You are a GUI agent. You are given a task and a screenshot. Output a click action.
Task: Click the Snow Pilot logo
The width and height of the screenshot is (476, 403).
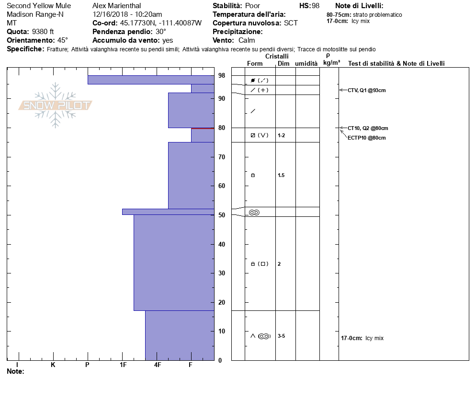point(56,106)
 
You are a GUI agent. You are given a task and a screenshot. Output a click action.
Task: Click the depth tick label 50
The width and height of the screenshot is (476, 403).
point(222,215)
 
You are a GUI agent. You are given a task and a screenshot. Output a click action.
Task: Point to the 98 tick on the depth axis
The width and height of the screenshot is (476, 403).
point(222,76)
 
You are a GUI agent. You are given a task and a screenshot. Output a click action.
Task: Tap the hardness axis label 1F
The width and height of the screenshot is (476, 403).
point(123,365)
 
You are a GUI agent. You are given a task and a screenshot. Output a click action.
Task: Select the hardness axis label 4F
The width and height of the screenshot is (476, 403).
point(158,365)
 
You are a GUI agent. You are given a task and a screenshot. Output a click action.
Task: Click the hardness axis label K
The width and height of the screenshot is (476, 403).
point(53,365)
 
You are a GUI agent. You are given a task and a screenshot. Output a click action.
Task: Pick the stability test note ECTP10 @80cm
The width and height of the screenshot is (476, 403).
point(367,138)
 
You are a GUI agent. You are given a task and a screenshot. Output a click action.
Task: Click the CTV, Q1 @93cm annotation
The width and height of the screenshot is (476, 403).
point(367,90)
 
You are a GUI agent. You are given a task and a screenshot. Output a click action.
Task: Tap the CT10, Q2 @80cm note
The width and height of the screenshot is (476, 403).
point(368,128)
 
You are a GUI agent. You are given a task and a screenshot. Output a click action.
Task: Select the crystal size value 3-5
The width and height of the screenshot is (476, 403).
point(281,336)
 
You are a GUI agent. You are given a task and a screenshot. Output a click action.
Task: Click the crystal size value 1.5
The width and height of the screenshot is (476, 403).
point(281,175)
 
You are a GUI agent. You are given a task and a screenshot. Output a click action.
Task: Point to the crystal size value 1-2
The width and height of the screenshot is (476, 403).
point(281,135)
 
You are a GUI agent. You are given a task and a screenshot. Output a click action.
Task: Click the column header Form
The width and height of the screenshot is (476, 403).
point(255,63)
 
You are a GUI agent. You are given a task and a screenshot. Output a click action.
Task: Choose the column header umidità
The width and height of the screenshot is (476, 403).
point(306,63)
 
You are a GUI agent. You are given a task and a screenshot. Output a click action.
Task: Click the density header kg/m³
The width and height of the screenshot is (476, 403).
point(331,63)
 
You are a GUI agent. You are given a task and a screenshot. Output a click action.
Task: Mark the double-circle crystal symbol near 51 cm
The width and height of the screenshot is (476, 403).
point(254,213)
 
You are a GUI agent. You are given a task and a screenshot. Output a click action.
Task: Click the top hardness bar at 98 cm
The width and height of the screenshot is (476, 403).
point(151,80)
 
